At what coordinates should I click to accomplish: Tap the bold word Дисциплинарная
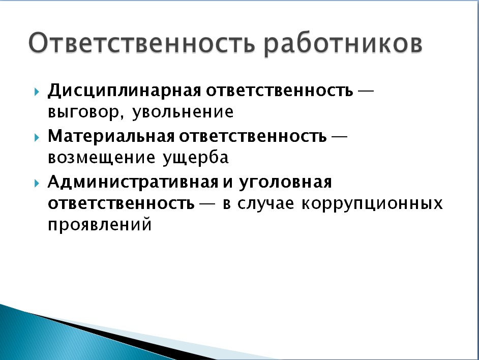(x=125, y=91)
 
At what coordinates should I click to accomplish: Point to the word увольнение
(x=183, y=113)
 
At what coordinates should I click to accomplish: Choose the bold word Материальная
(x=111, y=136)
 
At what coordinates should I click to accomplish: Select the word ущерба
(x=196, y=158)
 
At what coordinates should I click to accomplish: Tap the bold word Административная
(x=133, y=182)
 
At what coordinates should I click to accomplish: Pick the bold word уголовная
(x=285, y=183)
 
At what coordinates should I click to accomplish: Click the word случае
(x=266, y=204)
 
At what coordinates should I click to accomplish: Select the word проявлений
(x=100, y=225)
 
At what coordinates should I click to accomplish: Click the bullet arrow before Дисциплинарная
(x=37, y=92)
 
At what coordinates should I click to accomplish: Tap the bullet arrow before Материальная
(x=37, y=137)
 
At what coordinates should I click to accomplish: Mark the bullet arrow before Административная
(x=37, y=183)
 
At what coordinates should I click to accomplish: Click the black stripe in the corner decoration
(x=122, y=336)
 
